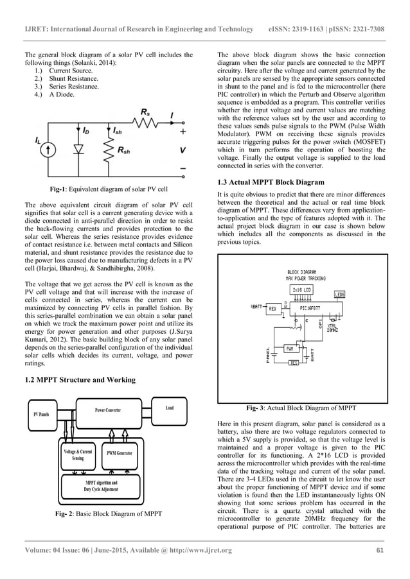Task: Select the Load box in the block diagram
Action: pos(170,408)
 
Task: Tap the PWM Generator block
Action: pos(120,453)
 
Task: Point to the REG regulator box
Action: pos(272,308)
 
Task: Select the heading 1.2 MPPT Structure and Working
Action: pos(79,380)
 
